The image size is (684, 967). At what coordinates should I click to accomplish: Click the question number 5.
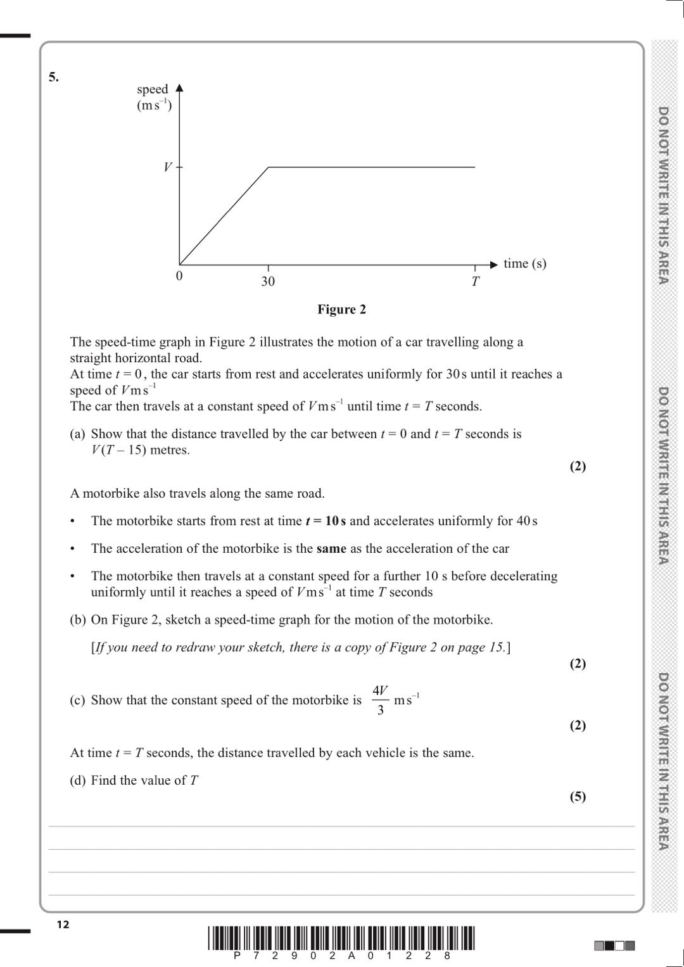click(x=54, y=77)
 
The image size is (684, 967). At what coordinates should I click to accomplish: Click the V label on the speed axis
click(x=168, y=167)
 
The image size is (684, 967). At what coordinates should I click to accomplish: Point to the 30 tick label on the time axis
click(x=268, y=281)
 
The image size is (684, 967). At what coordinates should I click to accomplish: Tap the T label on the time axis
click(x=475, y=281)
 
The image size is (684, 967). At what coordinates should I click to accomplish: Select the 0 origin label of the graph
click(x=179, y=276)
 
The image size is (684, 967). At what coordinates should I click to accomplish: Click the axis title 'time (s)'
click(x=524, y=263)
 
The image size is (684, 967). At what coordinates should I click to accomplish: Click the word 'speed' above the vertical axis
click(x=153, y=89)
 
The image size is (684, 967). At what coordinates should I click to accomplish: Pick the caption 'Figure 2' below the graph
click(x=341, y=309)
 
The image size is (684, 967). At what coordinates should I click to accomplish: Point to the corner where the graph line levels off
click(x=269, y=167)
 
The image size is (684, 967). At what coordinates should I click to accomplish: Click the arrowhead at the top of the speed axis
click(x=179, y=87)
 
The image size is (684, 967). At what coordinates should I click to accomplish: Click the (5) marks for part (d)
click(x=578, y=796)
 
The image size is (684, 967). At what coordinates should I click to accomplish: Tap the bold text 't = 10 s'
click(x=326, y=521)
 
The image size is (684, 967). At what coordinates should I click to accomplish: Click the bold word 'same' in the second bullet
click(x=331, y=548)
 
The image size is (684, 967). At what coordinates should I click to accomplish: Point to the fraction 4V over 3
click(x=380, y=700)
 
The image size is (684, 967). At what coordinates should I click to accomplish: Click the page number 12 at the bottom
click(x=63, y=925)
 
